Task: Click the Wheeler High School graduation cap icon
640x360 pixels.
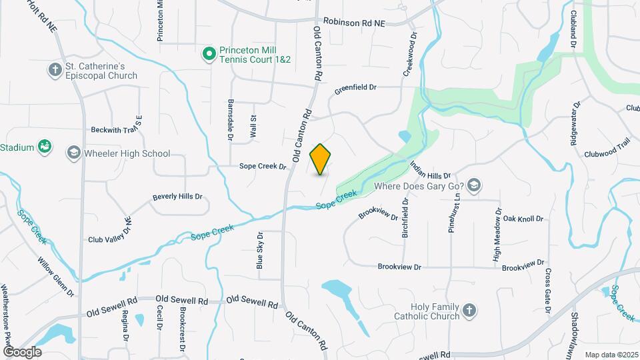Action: [72, 153]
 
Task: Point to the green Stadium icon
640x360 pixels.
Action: [45, 147]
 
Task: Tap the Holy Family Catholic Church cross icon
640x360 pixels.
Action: [469, 311]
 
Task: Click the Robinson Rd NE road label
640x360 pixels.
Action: [354, 22]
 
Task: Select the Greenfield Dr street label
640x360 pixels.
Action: [355, 87]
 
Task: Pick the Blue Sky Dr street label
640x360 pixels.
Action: [260, 251]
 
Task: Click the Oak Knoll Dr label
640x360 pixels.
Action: [523, 219]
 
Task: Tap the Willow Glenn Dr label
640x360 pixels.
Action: [56, 277]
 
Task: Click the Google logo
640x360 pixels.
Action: [22, 351]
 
